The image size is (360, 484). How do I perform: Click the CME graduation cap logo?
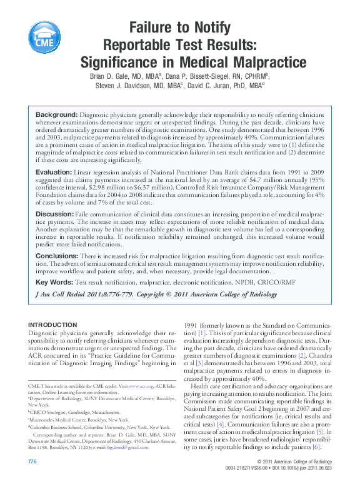[x=43, y=38]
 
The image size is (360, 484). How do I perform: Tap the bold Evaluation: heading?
[x=54, y=172]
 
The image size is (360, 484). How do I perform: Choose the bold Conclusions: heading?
[x=57, y=256]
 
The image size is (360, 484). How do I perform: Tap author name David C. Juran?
[x=215, y=86]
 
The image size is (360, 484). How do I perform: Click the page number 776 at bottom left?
[x=33, y=461]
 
